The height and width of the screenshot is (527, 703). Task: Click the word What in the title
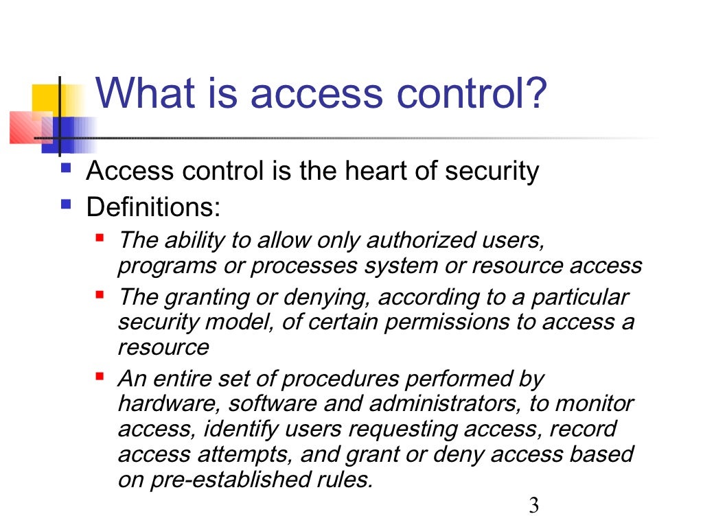tap(140, 93)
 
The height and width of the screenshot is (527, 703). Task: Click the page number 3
tap(533, 506)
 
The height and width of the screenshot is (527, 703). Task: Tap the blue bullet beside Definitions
tap(66, 204)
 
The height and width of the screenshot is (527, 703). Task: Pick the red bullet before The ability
tap(100, 238)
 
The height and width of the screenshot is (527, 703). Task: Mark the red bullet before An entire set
tap(100, 377)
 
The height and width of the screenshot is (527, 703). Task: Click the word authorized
tap(425, 241)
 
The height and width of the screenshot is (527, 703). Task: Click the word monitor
tap(595, 403)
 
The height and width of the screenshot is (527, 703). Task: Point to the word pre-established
tap(224, 480)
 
